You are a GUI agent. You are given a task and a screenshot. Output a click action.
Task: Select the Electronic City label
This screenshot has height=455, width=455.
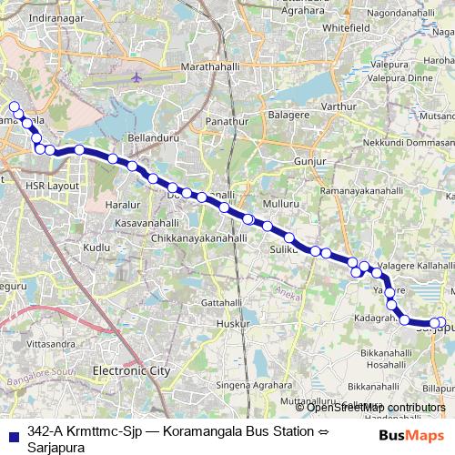pos(131,371)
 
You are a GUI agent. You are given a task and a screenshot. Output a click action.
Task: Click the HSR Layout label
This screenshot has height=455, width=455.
pos(53,186)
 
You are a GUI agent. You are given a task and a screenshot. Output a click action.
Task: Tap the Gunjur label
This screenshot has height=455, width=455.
pos(309,161)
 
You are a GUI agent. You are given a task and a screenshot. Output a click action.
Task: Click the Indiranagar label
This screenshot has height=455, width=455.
pos(56,18)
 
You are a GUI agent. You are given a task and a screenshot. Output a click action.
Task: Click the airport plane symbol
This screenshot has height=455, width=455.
pos(136,76)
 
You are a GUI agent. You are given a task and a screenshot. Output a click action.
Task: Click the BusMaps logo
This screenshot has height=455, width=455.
pos(412,435)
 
